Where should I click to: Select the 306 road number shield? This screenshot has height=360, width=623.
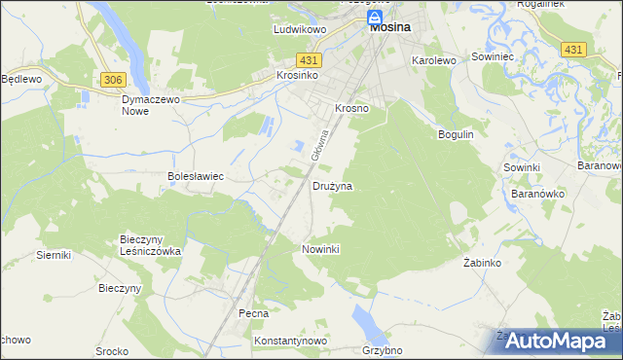coord(112,78)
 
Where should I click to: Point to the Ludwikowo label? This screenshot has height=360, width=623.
coord(298,30)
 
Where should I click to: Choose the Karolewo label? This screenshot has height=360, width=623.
coord(434,60)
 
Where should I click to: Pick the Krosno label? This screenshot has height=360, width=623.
coord(351,109)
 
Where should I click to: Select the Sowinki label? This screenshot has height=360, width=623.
coord(522,167)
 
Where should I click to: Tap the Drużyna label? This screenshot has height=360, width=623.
coord(332,185)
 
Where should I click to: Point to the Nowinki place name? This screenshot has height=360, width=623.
coord(320,249)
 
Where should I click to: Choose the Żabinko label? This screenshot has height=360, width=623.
coord(482,264)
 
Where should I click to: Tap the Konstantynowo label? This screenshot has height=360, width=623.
coord(289,342)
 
